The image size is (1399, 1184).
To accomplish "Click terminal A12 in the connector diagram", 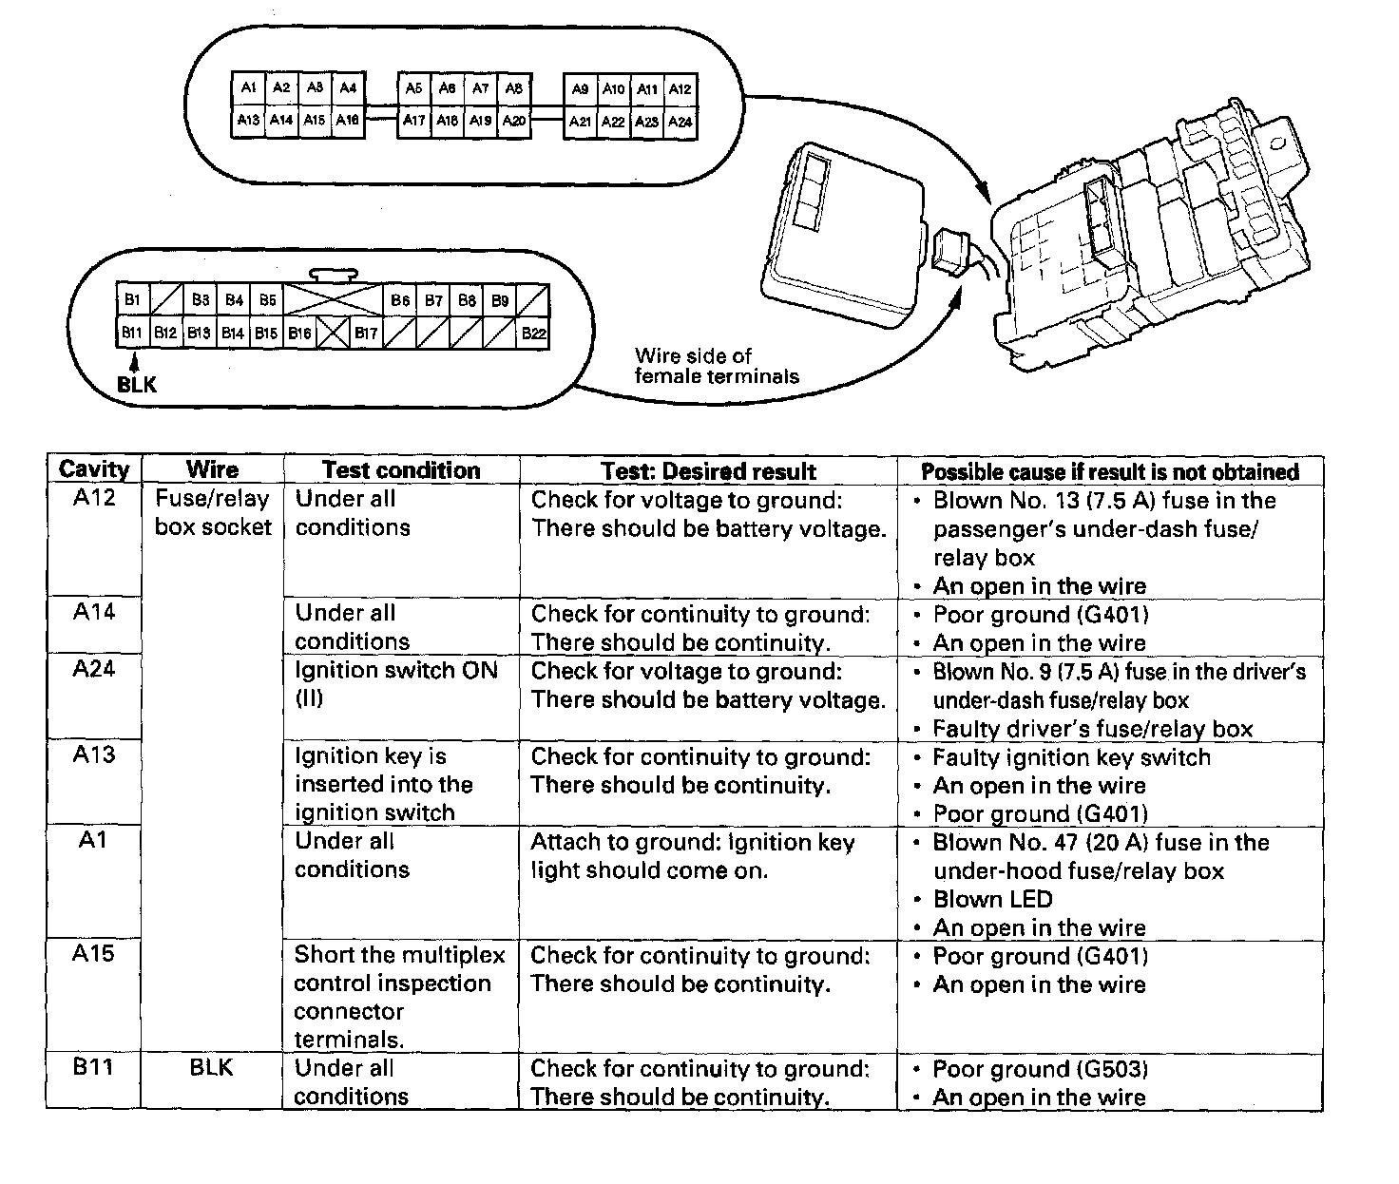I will point(680,88).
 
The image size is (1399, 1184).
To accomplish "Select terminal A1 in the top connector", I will point(248,87).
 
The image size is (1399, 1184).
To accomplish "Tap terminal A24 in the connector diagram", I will point(680,122).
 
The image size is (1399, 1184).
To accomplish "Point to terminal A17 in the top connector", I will point(413,121).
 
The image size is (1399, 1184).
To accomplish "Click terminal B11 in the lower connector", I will point(131,333).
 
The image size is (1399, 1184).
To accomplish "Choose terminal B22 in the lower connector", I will point(533,333).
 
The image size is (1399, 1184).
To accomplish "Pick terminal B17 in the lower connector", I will point(366,333).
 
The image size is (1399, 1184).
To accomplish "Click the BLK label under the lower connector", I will point(137,385).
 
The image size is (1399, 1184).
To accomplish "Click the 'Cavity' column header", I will point(93,469).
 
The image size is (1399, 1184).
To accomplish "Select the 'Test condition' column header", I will point(401,470).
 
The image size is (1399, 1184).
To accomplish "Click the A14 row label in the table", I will point(93,612).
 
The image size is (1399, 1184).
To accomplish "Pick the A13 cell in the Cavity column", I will point(93,754).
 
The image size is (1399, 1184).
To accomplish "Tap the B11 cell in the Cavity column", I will point(93,1067).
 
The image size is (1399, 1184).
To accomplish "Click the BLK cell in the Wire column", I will point(211,1067).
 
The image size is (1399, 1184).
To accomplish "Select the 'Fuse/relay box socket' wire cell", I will point(212,513).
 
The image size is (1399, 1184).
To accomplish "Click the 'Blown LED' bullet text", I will point(992,899).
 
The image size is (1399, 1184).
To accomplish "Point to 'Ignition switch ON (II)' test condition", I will point(396,684).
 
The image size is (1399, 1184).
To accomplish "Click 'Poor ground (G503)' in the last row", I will point(1041,1069).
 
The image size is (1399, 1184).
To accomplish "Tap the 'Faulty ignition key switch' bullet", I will point(1071,757).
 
